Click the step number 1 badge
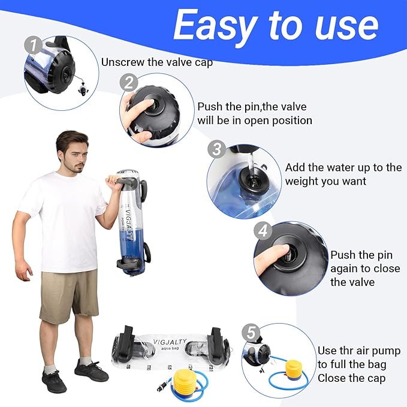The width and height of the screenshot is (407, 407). [x=34, y=46]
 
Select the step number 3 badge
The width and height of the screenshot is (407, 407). [x=217, y=149]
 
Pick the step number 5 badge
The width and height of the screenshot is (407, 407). [x=251, y=331]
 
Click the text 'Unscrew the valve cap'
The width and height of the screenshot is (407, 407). [x=156, y=62]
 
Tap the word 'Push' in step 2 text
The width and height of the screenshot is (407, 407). [x=211, y=107]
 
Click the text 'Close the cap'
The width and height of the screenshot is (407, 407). [x=351, y=378]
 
